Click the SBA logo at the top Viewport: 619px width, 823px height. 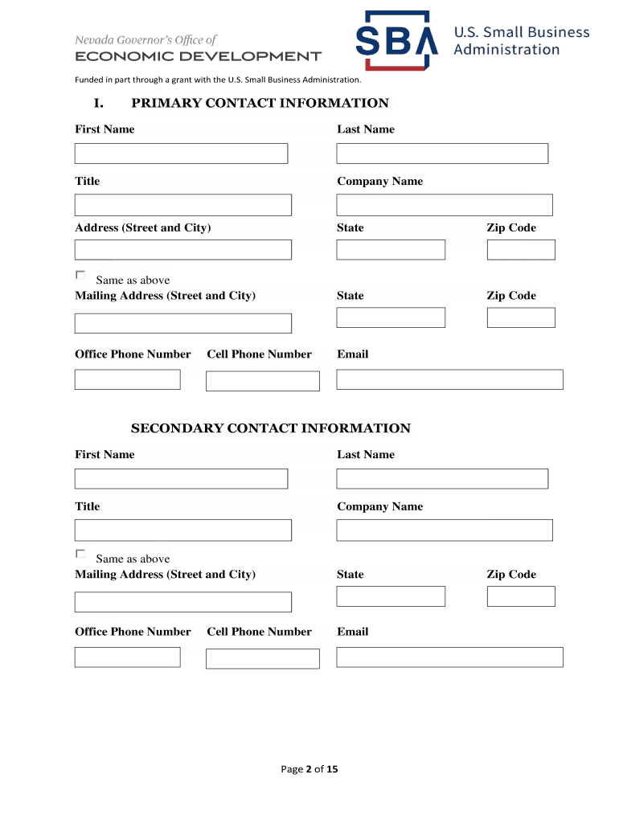[397, 40]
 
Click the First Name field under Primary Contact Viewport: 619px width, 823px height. [181, 154]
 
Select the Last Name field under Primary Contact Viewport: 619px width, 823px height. [442, 154]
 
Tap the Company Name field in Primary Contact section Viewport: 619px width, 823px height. [445, 205]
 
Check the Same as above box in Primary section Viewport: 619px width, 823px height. [80, 276]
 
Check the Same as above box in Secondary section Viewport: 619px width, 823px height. [80, 555]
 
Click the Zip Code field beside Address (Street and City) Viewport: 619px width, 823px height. [521, 250]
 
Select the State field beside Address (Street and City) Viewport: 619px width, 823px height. [391, 250]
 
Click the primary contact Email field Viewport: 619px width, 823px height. [449, 379]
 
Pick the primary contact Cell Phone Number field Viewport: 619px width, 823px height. [263, 381]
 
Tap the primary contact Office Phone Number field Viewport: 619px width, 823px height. [128, 379]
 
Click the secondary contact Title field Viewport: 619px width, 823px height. [183, 530]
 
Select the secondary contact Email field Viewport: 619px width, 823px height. [449, 657]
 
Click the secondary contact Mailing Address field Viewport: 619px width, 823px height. [183, 602]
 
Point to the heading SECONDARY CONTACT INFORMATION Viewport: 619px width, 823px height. [271, 428]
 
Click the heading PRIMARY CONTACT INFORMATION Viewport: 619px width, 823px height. [260, 103]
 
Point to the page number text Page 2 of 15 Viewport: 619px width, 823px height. [309, 769]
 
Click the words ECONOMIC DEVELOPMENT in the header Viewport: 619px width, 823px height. [198, 56]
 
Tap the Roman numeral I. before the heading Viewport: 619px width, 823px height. [99, 103]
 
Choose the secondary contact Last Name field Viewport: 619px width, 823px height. [442, 479]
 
